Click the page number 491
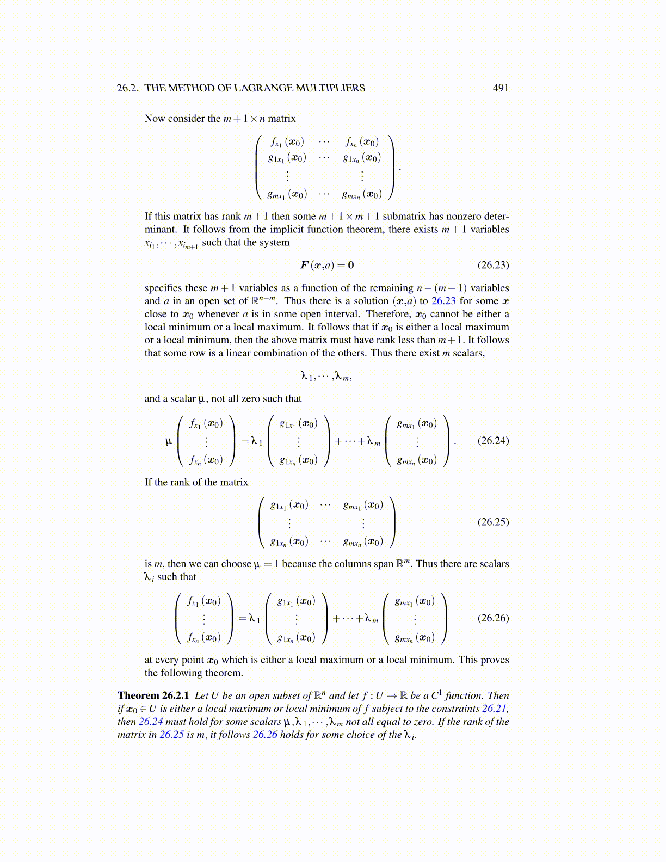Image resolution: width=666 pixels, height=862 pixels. click(500, 88)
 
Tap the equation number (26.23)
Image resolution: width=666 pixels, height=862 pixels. click(493, 265)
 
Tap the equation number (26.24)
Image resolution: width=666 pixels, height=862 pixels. click(493, 440)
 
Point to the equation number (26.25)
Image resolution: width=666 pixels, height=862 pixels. click(493, 522)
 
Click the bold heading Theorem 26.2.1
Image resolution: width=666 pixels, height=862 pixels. click(153, 695)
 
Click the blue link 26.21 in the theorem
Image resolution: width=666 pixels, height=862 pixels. click(495, 709)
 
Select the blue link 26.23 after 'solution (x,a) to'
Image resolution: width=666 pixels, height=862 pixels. click(443, 301)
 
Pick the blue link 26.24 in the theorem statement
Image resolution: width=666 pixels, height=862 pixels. click(151, 722)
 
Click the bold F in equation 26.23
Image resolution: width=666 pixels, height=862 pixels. click(304, 265)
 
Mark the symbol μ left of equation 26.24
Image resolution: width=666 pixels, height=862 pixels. click(169, 441)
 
